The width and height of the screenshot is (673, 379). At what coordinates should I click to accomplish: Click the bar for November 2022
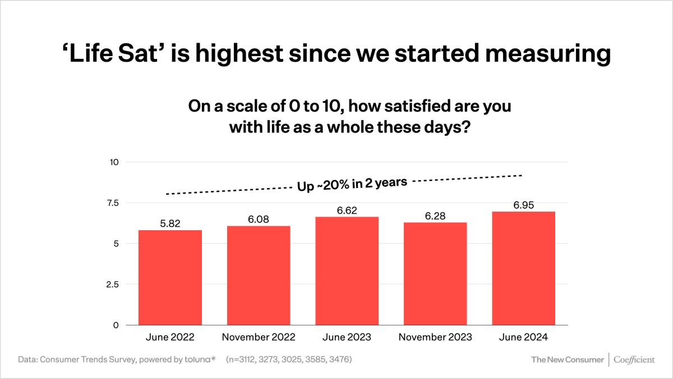[259, 275]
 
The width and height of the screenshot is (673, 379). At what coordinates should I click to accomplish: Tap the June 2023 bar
[347, 271]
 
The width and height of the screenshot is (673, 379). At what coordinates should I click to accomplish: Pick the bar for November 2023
[435, 273]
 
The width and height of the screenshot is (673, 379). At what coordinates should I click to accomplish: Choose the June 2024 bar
[523, 268]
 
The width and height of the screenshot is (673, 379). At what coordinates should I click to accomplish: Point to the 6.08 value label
[259, 219]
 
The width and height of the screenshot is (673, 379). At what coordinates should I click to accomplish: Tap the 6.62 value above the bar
[347, 210]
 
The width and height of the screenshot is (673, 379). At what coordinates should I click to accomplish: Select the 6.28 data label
[435, 216]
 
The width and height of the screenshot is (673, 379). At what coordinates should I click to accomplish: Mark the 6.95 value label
[523, 205]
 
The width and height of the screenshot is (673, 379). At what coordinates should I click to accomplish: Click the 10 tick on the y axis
[114, 162]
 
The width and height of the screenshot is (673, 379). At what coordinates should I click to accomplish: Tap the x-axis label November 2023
[435, 337]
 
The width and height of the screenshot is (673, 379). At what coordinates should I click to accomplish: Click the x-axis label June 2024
[523, 337]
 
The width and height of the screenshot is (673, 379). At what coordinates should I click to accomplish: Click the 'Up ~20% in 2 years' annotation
[352, 184]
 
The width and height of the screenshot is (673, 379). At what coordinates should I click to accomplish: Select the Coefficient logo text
[634, 359]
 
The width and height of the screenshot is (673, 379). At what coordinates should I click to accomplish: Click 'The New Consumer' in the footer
[568, 359]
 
